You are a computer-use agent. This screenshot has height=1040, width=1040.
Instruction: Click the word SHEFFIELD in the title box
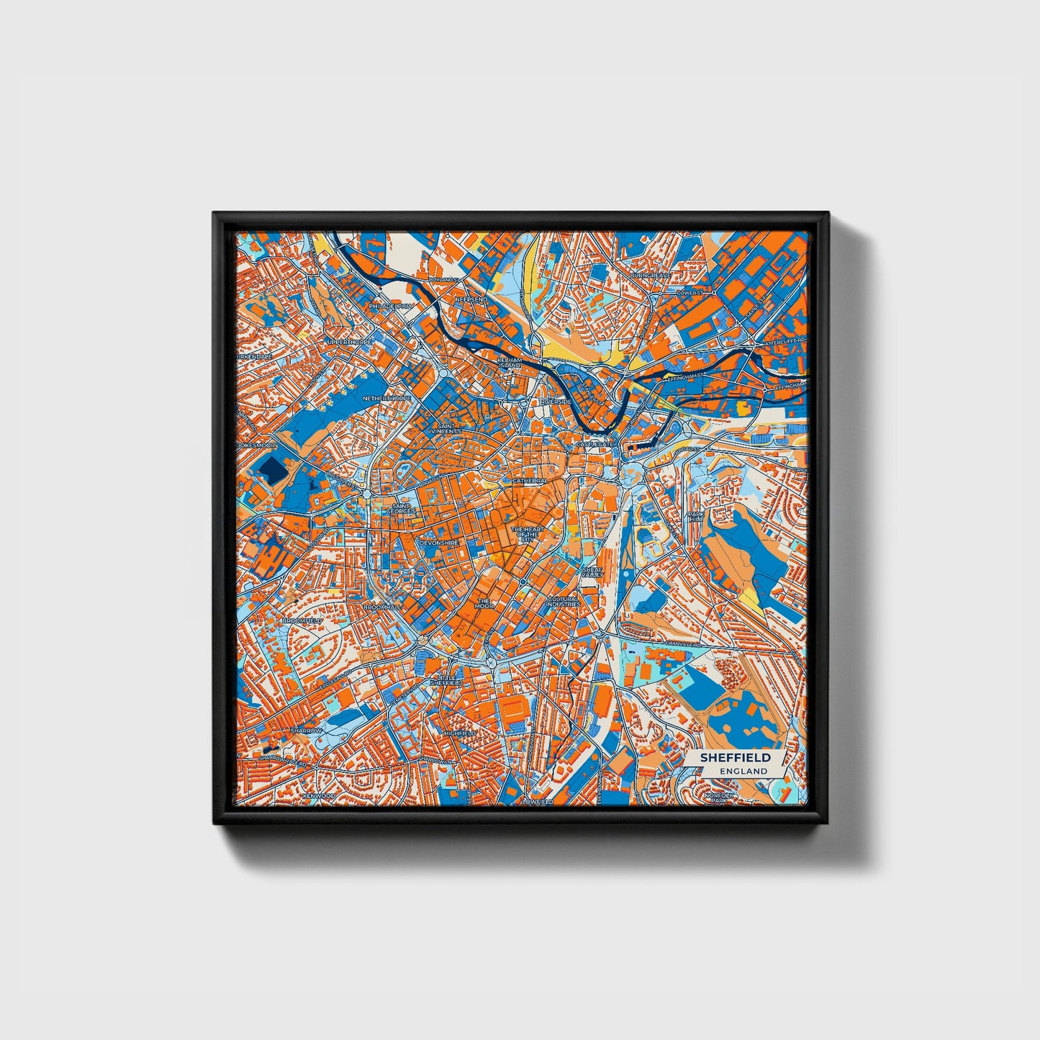point(735,757)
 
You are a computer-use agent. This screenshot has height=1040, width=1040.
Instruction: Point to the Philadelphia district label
point(392,306)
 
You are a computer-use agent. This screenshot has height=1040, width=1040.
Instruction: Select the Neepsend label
point(471,299)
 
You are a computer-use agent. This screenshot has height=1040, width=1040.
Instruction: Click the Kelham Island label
point(509,362)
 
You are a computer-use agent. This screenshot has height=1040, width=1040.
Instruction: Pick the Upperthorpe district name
point(349,342)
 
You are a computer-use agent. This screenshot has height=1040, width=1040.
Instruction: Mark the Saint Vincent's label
point(446,428)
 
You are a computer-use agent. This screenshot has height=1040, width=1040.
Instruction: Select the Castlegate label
point(594,446)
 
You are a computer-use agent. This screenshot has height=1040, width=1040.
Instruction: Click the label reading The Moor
point(484,603)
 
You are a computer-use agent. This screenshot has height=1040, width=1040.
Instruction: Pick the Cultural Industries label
point(563,601)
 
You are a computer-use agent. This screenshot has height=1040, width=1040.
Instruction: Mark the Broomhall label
point(381,607)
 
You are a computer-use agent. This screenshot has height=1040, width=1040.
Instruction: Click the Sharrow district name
point(306,731)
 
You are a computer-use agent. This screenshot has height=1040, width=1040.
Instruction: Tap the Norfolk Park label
point(718,797)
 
